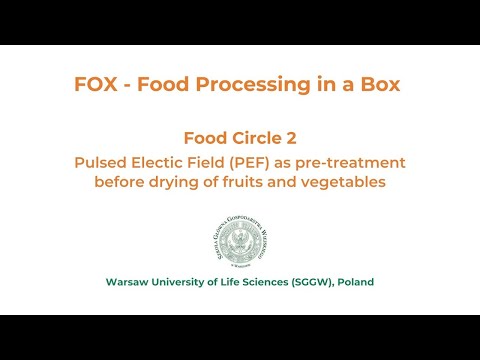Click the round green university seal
pos(240,241)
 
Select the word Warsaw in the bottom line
pos(129,282)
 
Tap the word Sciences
pos(286,282)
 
